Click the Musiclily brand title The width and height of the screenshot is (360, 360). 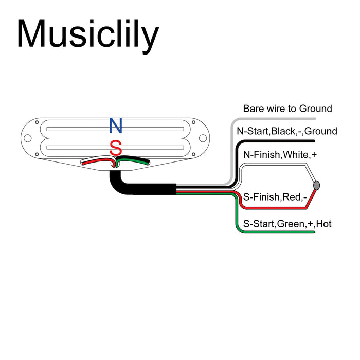point(87,34)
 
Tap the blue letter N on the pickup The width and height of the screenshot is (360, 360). point(116,125)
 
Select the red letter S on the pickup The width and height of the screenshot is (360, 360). point(116,148)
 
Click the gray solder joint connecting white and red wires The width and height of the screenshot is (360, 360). point(316,185)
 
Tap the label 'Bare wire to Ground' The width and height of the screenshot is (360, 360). point(287,109)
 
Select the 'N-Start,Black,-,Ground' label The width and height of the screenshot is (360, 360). point(287,131)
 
